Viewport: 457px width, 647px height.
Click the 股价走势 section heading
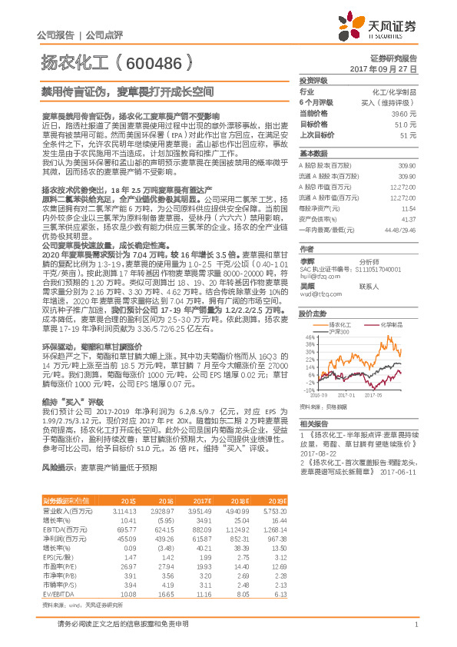tap(313, 292)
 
